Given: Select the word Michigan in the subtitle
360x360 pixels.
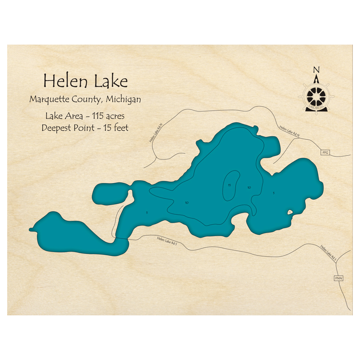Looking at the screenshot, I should pyautogui.click(x=123, y=99).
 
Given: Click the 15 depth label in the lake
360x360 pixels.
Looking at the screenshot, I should pyautogui.click(x=229, y=185).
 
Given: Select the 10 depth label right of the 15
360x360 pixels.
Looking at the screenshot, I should pyautogui.click(x=249, y=187).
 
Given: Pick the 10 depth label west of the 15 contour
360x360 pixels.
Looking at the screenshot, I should pyautogui.click(x=186, y=203).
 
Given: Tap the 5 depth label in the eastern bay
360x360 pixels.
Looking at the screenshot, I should pyautogui.click(x=274, y=193).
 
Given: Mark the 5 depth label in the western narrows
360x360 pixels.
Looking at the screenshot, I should pyautogui.click(x=147, y=212).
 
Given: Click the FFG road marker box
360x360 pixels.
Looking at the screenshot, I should pyautogui.click(x=325, y=153).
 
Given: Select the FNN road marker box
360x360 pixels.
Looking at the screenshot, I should pyautogui.click(x=338, y=278).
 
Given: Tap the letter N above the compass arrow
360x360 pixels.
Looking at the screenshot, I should pyautogui.click(x=316, y=69).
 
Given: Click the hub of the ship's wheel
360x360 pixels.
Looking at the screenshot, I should pyautogui.click(x=317, y=96).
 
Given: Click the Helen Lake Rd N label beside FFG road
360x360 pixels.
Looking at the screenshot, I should pyautogui.click(x=289, y=132).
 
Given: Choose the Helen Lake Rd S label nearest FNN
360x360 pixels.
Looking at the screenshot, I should pyautogui.click(x=329, y=252).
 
